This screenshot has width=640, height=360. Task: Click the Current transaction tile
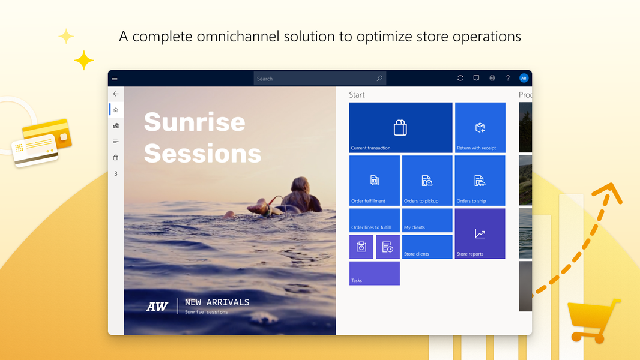(400, 127)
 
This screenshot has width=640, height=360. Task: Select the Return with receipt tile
(480, 127)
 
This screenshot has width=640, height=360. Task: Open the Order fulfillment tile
(374, 180)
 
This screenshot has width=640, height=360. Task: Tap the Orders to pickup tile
(427, 180)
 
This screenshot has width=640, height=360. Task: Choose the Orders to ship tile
(480, 180)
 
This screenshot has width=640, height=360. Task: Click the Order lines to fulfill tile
(374, 220)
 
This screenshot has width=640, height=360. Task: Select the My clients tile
(427, 220)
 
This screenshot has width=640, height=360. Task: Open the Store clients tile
(427, 247)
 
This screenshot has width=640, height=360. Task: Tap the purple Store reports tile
(480, 233)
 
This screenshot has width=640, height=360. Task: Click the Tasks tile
(374, 273)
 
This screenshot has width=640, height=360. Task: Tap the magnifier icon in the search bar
(379, 79)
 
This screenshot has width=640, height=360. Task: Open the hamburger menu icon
(115, 79)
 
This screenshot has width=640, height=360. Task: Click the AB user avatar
(524, 79)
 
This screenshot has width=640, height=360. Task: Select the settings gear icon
(492, 79)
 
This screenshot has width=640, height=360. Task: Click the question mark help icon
(508, 79)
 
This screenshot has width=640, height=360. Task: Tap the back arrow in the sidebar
(116, 94)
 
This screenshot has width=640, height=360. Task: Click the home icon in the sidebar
(116, 110)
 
